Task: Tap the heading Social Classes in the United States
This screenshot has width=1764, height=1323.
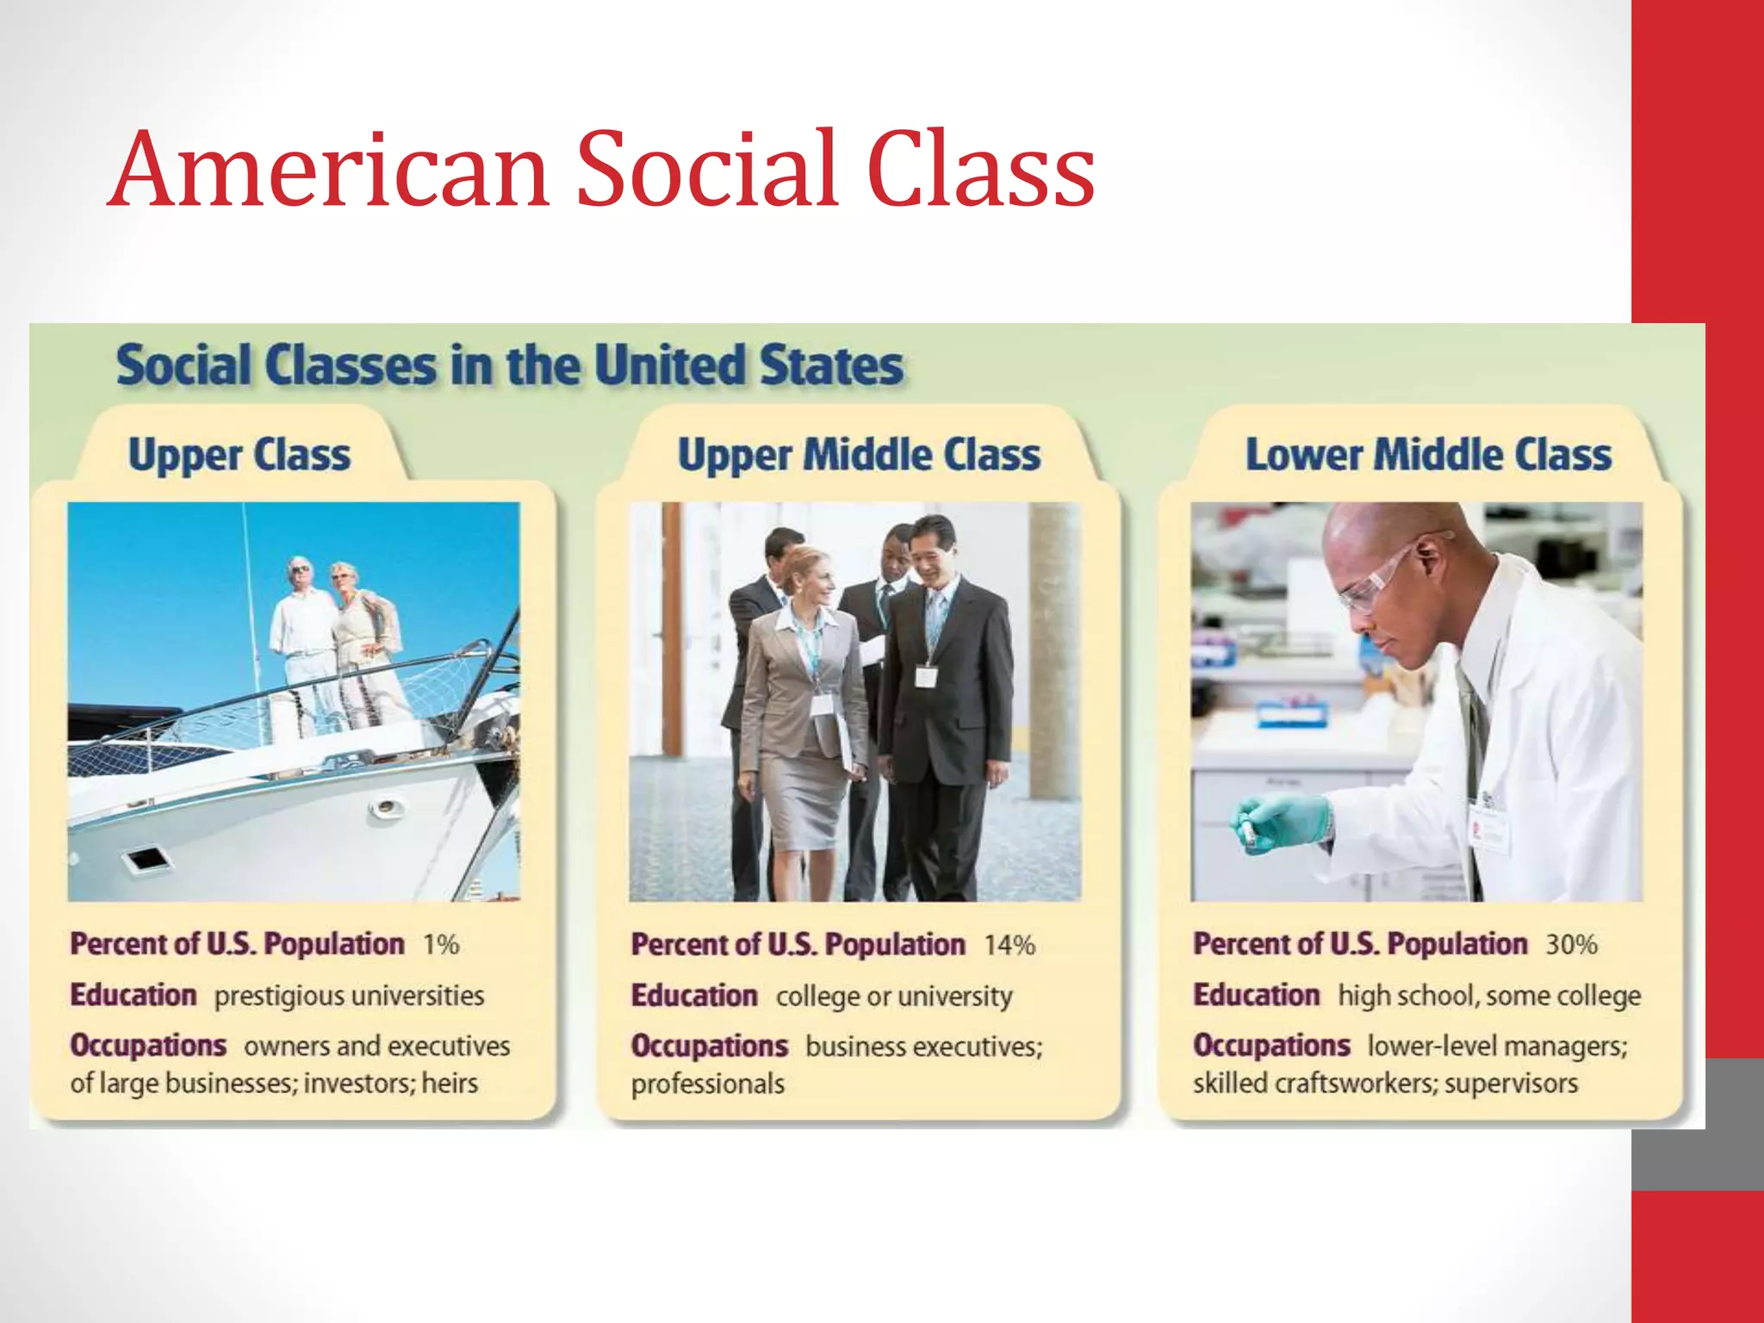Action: coord(510,365)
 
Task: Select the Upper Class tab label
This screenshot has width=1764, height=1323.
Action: coord(239,455)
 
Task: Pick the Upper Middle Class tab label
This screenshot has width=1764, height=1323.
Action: coord(859,455)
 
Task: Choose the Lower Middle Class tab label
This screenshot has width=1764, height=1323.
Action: coord(1428,455)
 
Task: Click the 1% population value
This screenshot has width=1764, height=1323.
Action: coord(440,945)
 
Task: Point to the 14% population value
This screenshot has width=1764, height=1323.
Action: coord(1009,946)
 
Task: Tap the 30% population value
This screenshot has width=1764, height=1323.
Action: coord(1571,945)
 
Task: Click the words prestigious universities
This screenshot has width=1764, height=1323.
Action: coord(349,996)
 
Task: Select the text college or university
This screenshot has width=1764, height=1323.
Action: coord(894,997)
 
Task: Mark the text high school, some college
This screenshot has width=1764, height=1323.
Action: coord(1489,996)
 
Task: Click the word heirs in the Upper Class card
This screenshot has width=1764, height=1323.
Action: coord(450,1083)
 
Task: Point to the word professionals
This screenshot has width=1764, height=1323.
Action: coord(707,1084)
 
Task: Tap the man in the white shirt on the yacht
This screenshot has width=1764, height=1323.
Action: coord(301,637)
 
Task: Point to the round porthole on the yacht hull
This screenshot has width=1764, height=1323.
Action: coord(386,807)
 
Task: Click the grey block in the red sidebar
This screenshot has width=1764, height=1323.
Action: coord(1697,1124)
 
